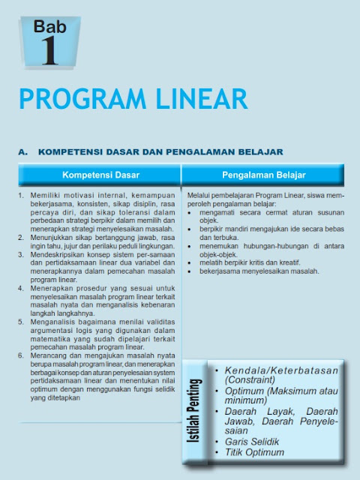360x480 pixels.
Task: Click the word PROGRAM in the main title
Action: click(x=83, y=100)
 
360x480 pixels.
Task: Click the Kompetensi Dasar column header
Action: click(x=100, y=175)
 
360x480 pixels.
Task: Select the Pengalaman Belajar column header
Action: click(x=263, y=175)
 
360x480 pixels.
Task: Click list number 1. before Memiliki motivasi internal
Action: click(x=21, y=194)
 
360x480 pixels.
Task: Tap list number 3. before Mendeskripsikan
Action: click(x=21, y=254)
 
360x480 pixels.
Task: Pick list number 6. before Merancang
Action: click(x=21, y=353)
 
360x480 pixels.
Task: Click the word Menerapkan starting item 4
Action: click(x=49, y=287)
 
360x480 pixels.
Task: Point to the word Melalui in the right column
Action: click(x=199, y=194)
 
